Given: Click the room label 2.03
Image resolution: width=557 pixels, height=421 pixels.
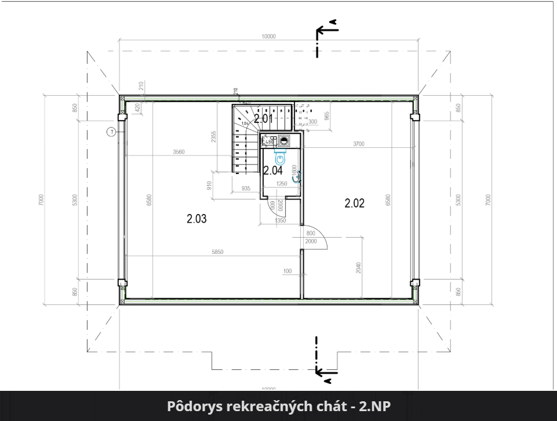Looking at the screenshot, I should (x=196, y=219).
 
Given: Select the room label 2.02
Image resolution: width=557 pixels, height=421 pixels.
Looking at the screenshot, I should (x=354, y=203).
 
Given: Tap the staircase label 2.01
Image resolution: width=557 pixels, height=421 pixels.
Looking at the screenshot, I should (x=264, y=119).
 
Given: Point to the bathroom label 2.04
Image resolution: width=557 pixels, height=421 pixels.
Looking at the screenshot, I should (x=272, y=170).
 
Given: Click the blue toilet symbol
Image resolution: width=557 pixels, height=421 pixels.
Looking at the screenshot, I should (x=281, y=157).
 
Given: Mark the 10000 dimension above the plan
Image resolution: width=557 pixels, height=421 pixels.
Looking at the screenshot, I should (x=268, y=36).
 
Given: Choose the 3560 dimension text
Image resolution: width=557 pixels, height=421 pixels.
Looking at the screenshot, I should (x=179, y=152).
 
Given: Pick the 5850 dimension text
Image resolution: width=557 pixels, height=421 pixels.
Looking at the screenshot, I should (x=217, y=252).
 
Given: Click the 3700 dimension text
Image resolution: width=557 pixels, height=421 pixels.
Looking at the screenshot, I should (x=358, y=144).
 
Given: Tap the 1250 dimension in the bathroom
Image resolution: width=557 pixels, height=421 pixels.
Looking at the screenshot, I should (x=282, y=184).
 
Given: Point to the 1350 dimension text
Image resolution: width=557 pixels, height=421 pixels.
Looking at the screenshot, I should (x=280, y=221).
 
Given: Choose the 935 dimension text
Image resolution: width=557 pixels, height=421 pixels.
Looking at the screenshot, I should (x=245, y=188).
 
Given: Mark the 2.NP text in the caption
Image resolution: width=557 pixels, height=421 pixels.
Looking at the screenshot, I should (x=374, y=407).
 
